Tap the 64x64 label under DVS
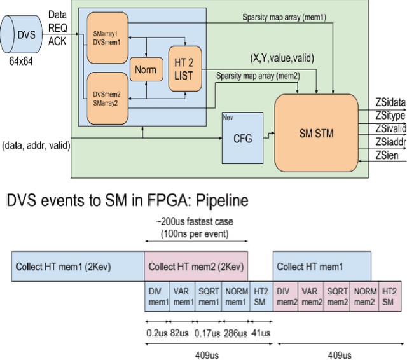(x=25, y=64)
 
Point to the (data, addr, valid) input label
(x=36, y=146)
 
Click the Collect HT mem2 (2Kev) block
(x=196, y=267)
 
